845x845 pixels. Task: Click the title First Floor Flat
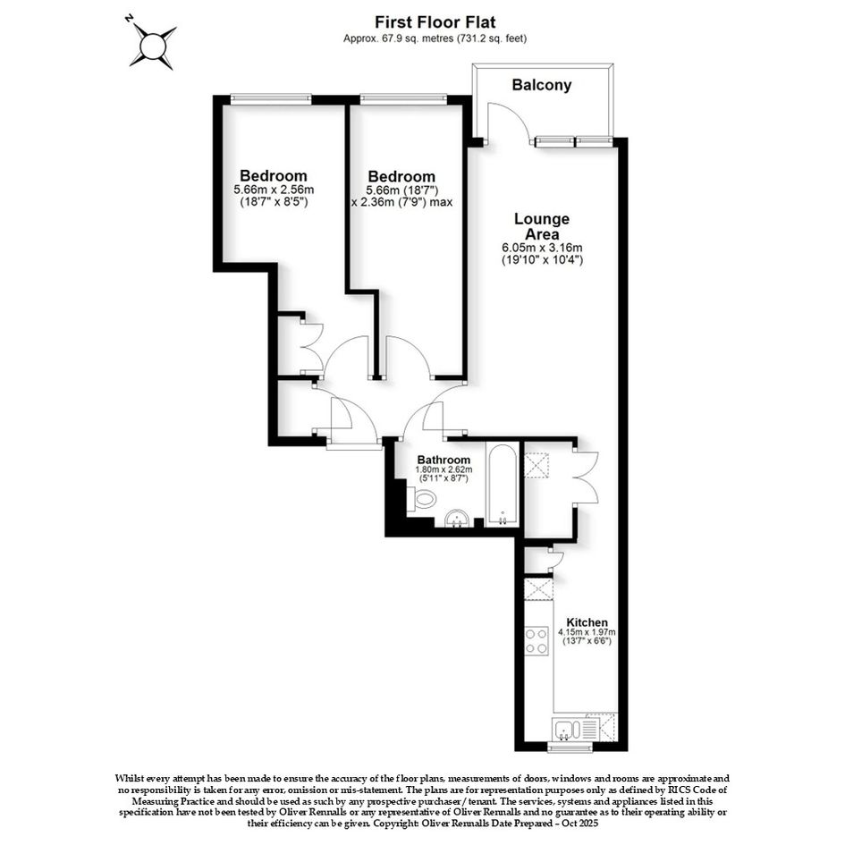pos(435,22)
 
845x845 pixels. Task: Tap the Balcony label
pos(542,85)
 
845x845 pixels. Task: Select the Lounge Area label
pos(542,226)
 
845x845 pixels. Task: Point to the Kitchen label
pos(587,622)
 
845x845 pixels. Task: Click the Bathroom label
pos(444,461)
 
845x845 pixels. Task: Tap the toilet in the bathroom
pos(421,498)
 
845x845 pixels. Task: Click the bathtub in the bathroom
pos(502,484)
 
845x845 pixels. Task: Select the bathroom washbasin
pos(458,519)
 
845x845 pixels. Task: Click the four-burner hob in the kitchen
pos(537,641)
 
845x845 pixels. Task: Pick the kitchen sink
pos(566,730)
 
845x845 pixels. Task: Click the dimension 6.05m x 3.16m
pos(542,248)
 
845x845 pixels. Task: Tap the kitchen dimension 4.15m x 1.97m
pos(587,632)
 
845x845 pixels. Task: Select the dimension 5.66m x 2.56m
pos(274,190)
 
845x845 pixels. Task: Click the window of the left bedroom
pos(271,98)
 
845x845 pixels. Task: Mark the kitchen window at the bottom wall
pos(570,747)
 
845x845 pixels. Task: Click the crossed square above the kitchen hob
pos(537,589)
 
